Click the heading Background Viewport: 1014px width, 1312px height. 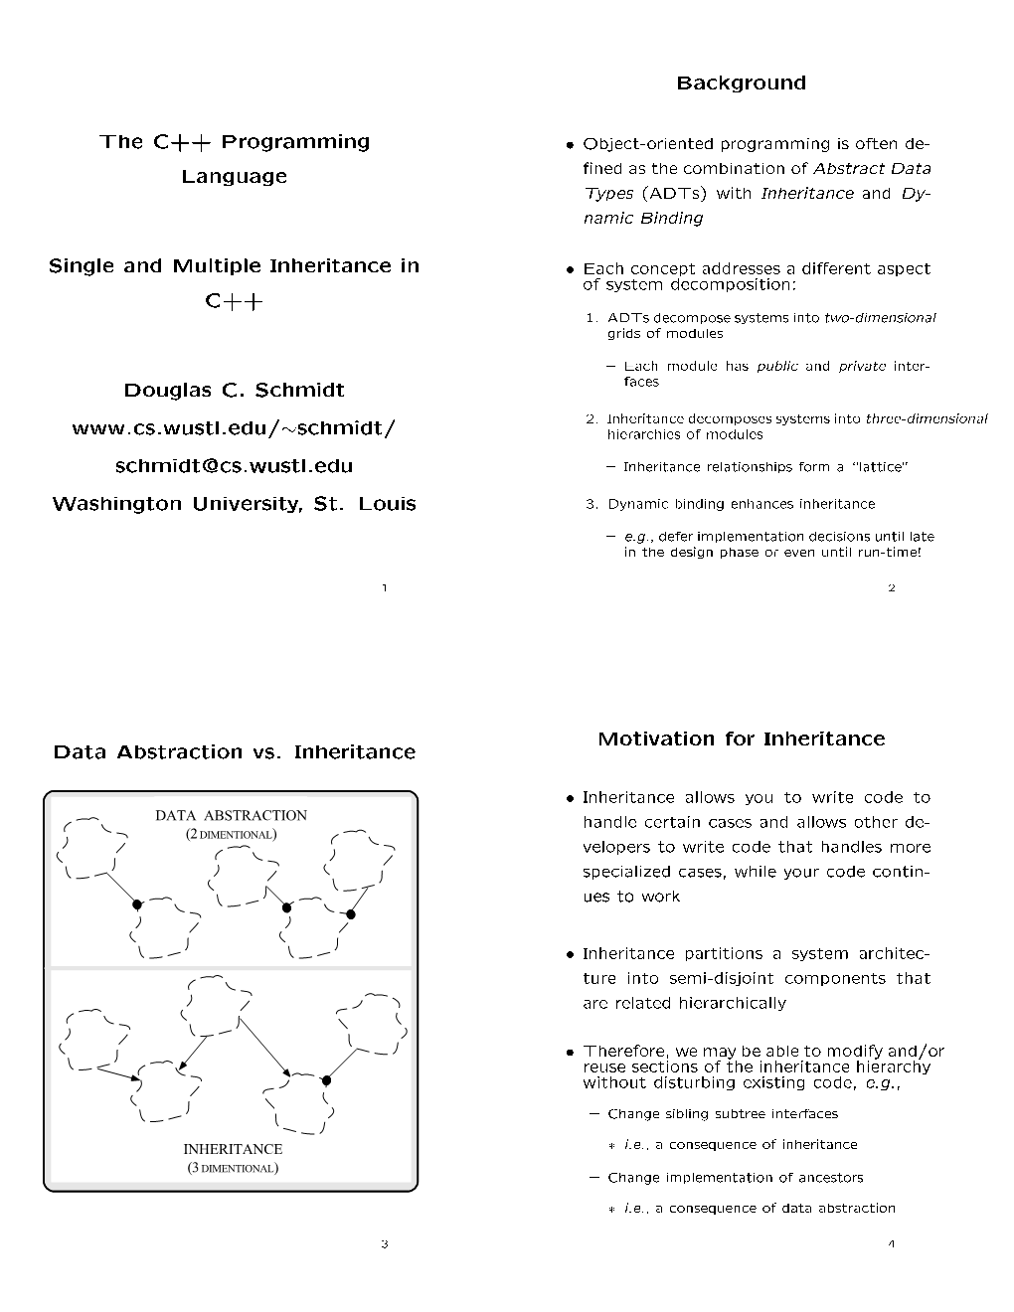(x=741, y=83)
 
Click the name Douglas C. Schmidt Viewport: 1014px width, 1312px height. (x=234, y=391)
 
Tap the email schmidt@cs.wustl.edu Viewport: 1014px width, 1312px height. (x=234, y=466)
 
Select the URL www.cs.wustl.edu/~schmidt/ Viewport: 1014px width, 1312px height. (x=234, y=428)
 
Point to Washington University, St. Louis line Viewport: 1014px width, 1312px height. (x=234, y=504)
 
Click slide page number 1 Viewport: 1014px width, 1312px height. (x=384, y=588)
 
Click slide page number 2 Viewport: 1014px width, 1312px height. (x=891, y=588)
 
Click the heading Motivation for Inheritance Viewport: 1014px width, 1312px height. (x=741, y=738)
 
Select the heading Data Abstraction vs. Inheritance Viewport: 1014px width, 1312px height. (x=234, y=752)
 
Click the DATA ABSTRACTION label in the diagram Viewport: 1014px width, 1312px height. (x=231, y=816)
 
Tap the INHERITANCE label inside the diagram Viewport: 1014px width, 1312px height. (x=233, y=1149)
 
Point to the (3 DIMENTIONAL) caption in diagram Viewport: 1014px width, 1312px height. (x=233, y=1168)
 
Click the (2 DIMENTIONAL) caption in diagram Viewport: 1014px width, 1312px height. (x=231, y=835)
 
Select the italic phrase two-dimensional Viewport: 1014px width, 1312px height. (x=880, y=318)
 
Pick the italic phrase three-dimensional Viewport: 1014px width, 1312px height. (x=926, y=418)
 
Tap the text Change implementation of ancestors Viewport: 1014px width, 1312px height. (x=735, y=1178)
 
